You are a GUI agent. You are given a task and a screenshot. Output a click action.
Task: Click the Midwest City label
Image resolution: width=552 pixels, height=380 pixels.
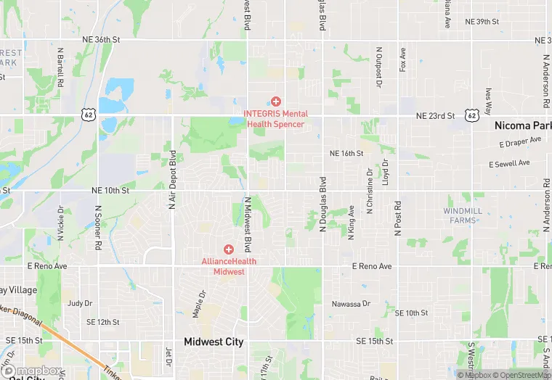pyautogui.click(x=214, y=342)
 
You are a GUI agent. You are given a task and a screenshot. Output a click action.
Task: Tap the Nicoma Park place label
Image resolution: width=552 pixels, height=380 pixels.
pyautogui.click(x=522, y=125)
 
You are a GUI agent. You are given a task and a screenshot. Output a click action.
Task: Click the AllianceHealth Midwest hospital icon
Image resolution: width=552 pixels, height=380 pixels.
pyautogui.click(x=229, y=249)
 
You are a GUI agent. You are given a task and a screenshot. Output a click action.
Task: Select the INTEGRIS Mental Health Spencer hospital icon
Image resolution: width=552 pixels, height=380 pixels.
pyautogui.click(x=276, y=102)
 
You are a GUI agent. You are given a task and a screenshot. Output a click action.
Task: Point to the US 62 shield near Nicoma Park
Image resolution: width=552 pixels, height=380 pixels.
pyautogui.click(x=472, y=115)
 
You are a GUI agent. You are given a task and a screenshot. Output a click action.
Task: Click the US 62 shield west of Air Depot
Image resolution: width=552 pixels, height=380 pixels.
pyautogui.click(x=88, y=115)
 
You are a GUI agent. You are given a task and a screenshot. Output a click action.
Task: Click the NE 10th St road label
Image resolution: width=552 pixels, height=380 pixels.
pyautogui.click(x=110, y=190)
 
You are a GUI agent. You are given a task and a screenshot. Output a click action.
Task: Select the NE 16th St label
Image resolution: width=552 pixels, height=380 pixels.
pyautogui.click(x=346, y=154)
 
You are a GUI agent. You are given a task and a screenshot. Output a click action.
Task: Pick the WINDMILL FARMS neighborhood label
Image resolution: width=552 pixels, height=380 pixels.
pyautogui.click(x=463, y=215)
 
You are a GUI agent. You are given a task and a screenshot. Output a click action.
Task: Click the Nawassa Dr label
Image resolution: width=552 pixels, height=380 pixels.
pyautogui.click(x=352, y=304)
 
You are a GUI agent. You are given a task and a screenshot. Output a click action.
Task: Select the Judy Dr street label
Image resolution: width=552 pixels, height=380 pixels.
pyautogui.click(x=80, y=303)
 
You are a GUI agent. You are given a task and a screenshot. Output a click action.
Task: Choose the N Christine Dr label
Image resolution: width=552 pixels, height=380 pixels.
pyautogui.click(x=370, y=191)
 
